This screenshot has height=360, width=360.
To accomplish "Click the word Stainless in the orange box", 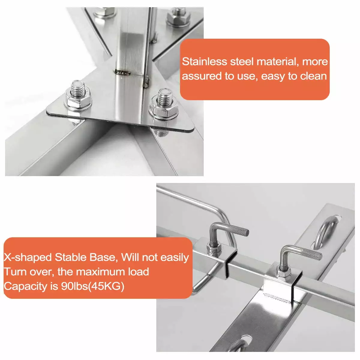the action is click(204, 61).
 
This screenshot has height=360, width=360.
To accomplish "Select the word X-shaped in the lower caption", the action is click(28, 258).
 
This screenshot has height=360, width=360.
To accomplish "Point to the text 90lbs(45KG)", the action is click(92, 286).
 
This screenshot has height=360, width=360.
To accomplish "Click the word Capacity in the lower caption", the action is click(25, 286).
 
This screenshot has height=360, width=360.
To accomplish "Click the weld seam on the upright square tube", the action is click(122, 73).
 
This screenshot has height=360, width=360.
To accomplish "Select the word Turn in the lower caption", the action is click(15, 272).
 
